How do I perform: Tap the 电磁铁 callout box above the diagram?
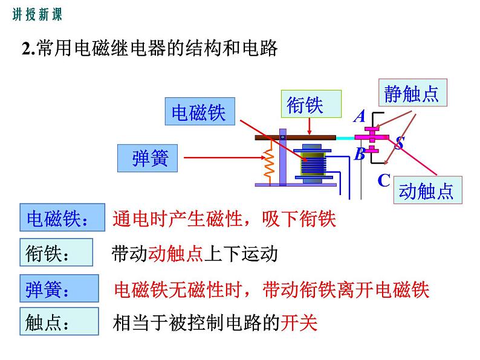coord(199,113)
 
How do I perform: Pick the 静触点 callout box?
coord(411,94)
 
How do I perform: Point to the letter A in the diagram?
coord(360,117)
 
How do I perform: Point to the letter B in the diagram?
coord(359,154)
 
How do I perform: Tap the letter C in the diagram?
coord(384,180)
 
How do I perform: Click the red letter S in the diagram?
coord(400,144)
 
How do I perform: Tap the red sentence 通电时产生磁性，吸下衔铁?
coord(224,218)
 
